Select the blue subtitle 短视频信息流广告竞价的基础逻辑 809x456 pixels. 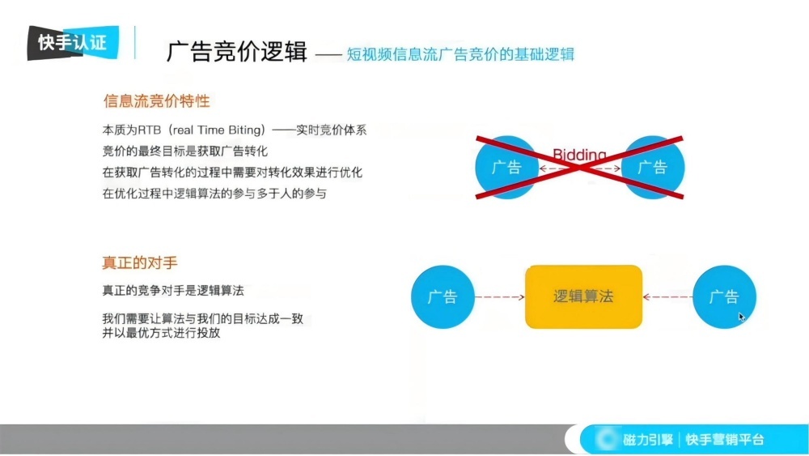(460, 54)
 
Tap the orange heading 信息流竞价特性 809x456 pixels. (156, 101)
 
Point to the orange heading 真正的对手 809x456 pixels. (139, 263)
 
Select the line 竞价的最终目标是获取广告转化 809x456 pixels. (184, 151)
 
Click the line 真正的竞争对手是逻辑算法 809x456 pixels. (172, 289)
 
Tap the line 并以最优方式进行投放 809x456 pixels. (161, 333)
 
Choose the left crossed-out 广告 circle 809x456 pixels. (506, 168)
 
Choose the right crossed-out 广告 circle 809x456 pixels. (652, 168)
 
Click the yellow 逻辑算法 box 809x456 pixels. (583, 296)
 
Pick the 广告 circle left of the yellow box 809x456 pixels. (443, 297)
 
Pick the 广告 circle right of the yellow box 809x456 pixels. (724, 297)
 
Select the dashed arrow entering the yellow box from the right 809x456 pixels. (667, 297)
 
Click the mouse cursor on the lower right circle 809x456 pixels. (741, 317)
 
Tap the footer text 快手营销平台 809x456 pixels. (724, 440)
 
